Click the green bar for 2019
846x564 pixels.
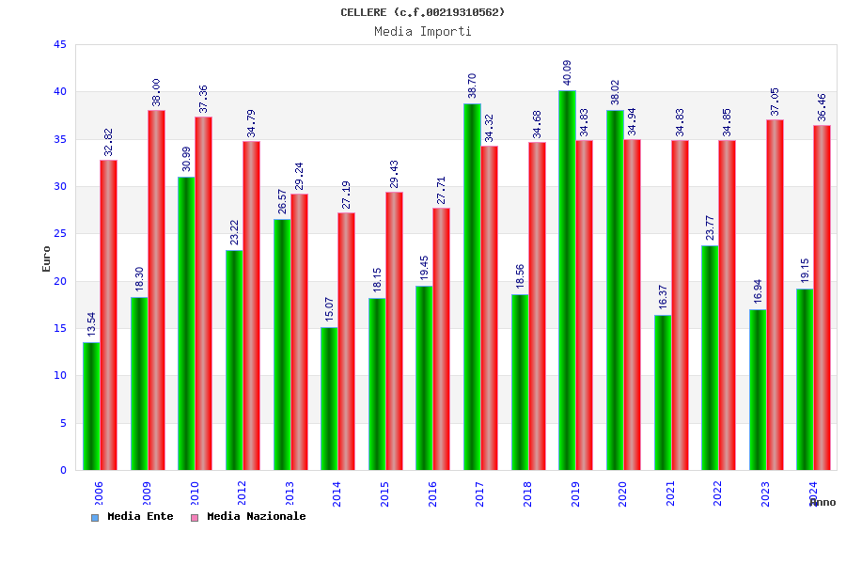pyautogui.click(x=567, y=280)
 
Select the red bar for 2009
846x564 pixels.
pyautogui.click(x=156, y=290)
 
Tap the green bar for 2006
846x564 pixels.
pyautogui.click(x=91, y=406)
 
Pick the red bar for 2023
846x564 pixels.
pyautogui.click(x=775, y=294)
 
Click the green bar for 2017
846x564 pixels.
pyautogui.click(x=472, y=287)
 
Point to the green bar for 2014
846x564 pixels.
pyautogui.click(x=329, y=399)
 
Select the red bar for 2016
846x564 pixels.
pyautogui.click(x=441, y=338)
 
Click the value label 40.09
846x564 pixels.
pyautogui.click(x=567, y=73)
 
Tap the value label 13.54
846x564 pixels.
pyautogui.click(x=91, y=325)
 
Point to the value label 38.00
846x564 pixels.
pyautogui.click(x=156, y=92)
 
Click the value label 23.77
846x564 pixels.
pyautogui.click(x=710, y=228)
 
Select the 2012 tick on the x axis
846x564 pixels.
pyautogui.click(x=242, y=493)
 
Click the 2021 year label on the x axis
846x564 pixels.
pyautogui.click(x=670, y=493)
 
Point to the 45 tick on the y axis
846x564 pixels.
pyautogui.click(x=60, y=44)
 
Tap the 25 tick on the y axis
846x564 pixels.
pyautogui.click(x=60, y=234)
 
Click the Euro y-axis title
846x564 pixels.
pyautogui.click(x=47, y=258)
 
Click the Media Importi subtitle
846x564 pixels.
pyautogui.click(x=423, y=31)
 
